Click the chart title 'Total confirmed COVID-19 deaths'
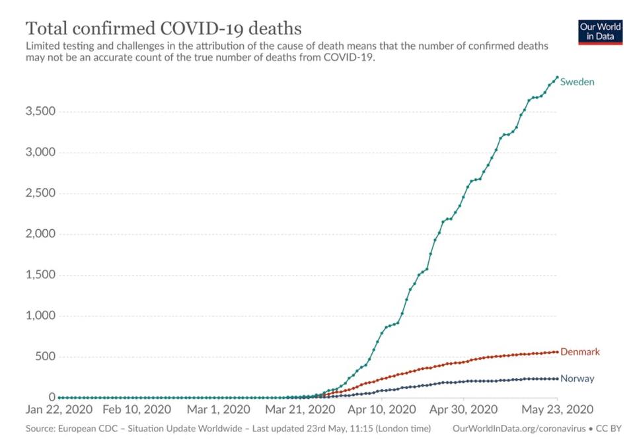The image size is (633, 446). (164, 28)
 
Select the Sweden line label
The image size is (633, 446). (577, 83)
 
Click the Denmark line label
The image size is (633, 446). (579, 352)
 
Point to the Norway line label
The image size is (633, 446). (577, 379)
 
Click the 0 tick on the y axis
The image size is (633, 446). (50, 397)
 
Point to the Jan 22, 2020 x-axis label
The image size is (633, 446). (59, 410)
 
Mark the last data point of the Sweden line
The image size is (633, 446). (557, 77)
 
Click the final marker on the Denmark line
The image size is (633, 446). (557, 352)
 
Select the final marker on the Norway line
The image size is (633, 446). (557, 379)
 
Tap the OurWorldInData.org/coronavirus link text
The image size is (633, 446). (519, 429)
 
